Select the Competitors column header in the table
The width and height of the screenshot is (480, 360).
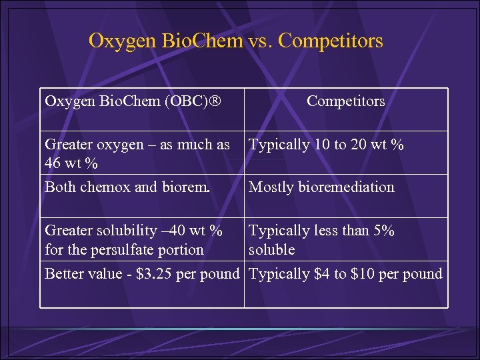[345, 101]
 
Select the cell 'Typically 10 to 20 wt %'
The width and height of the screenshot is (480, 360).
[326, 145]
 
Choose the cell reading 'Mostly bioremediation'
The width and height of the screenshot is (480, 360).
[321, 187]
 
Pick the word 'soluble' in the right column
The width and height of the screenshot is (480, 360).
[271, 250]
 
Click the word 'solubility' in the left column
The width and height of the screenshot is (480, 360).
[126, 231]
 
